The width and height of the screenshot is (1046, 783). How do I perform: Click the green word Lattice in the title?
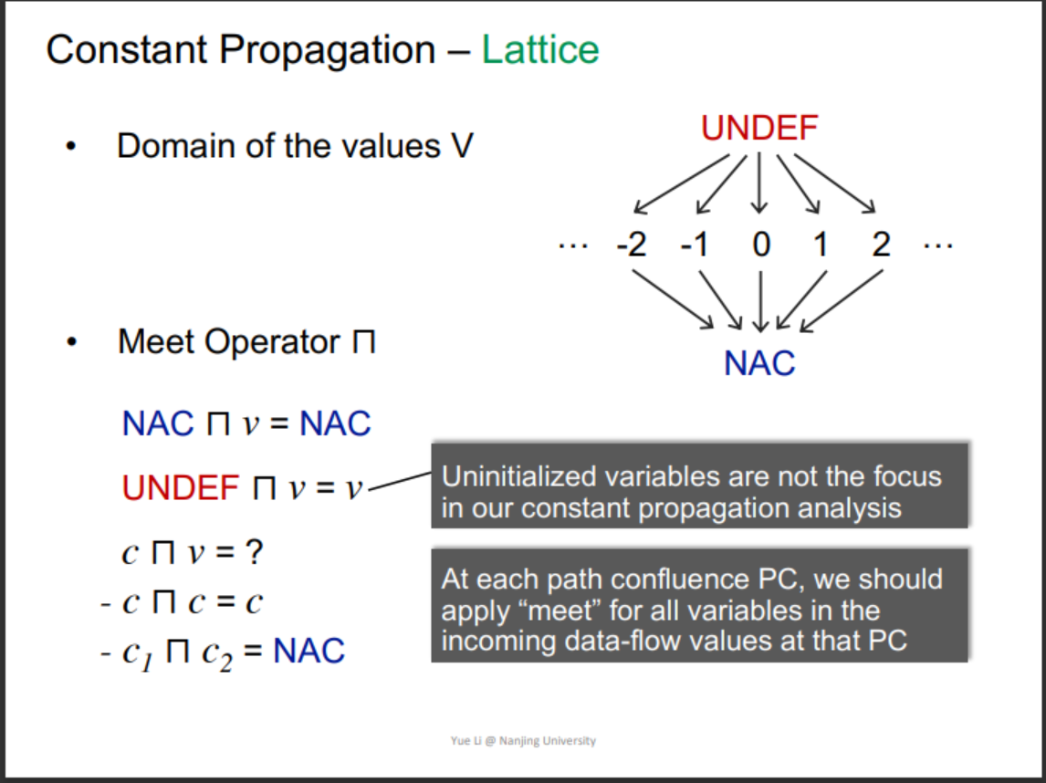540,50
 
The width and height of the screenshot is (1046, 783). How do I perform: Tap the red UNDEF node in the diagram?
759,129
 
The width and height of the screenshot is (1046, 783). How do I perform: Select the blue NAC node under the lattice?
759,363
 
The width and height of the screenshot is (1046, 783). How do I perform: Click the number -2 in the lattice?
631,245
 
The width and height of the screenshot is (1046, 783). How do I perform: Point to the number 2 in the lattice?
880,245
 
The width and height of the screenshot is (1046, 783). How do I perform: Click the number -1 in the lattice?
695,245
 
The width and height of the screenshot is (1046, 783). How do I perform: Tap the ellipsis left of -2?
572,244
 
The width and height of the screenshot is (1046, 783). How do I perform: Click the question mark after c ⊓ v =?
256,553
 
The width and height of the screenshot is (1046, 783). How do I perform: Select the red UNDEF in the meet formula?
181,488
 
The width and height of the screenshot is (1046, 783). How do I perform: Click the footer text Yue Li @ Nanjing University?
523,740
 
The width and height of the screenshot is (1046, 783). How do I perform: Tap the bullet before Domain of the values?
70,148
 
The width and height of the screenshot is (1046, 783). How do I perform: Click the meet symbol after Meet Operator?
364,344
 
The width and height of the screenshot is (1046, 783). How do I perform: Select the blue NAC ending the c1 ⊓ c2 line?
309,652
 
